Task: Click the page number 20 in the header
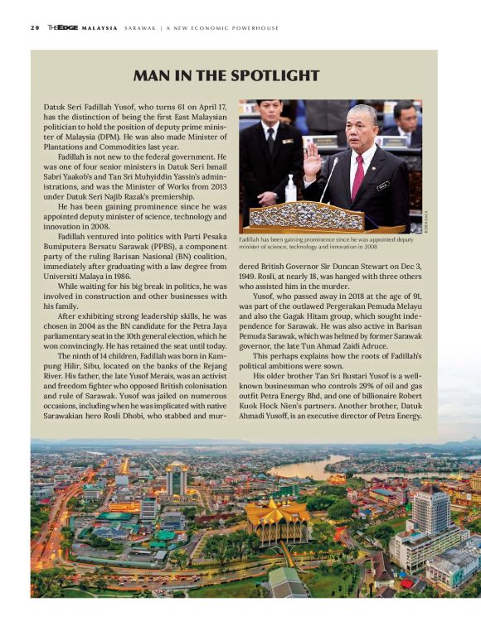[x=35, y=27]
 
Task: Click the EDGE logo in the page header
[x=66, y=27]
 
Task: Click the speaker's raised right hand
[x=312, y=160]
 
